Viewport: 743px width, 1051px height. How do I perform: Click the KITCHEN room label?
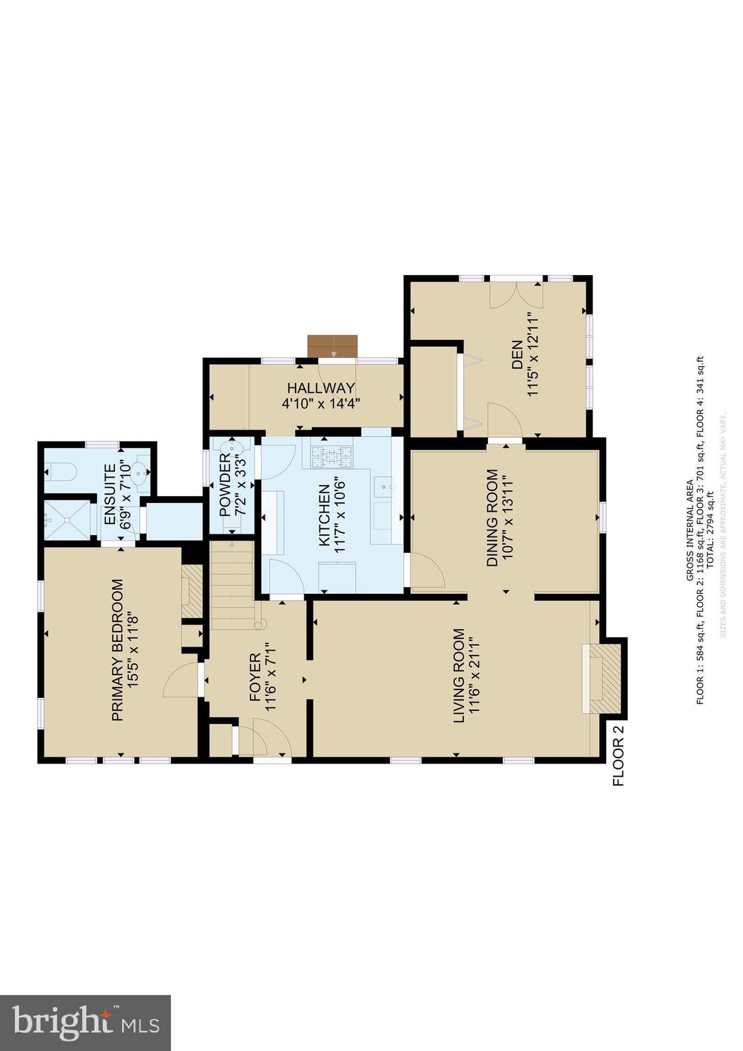pos(325,515)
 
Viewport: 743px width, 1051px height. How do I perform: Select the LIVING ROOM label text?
pos(459,675)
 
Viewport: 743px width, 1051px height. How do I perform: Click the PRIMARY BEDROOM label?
pos(118,650)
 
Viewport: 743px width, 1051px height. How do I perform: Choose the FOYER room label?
pos(255,677)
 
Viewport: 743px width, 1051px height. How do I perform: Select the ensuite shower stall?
pos(67,520)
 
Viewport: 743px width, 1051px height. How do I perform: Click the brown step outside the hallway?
pos(333,346)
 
